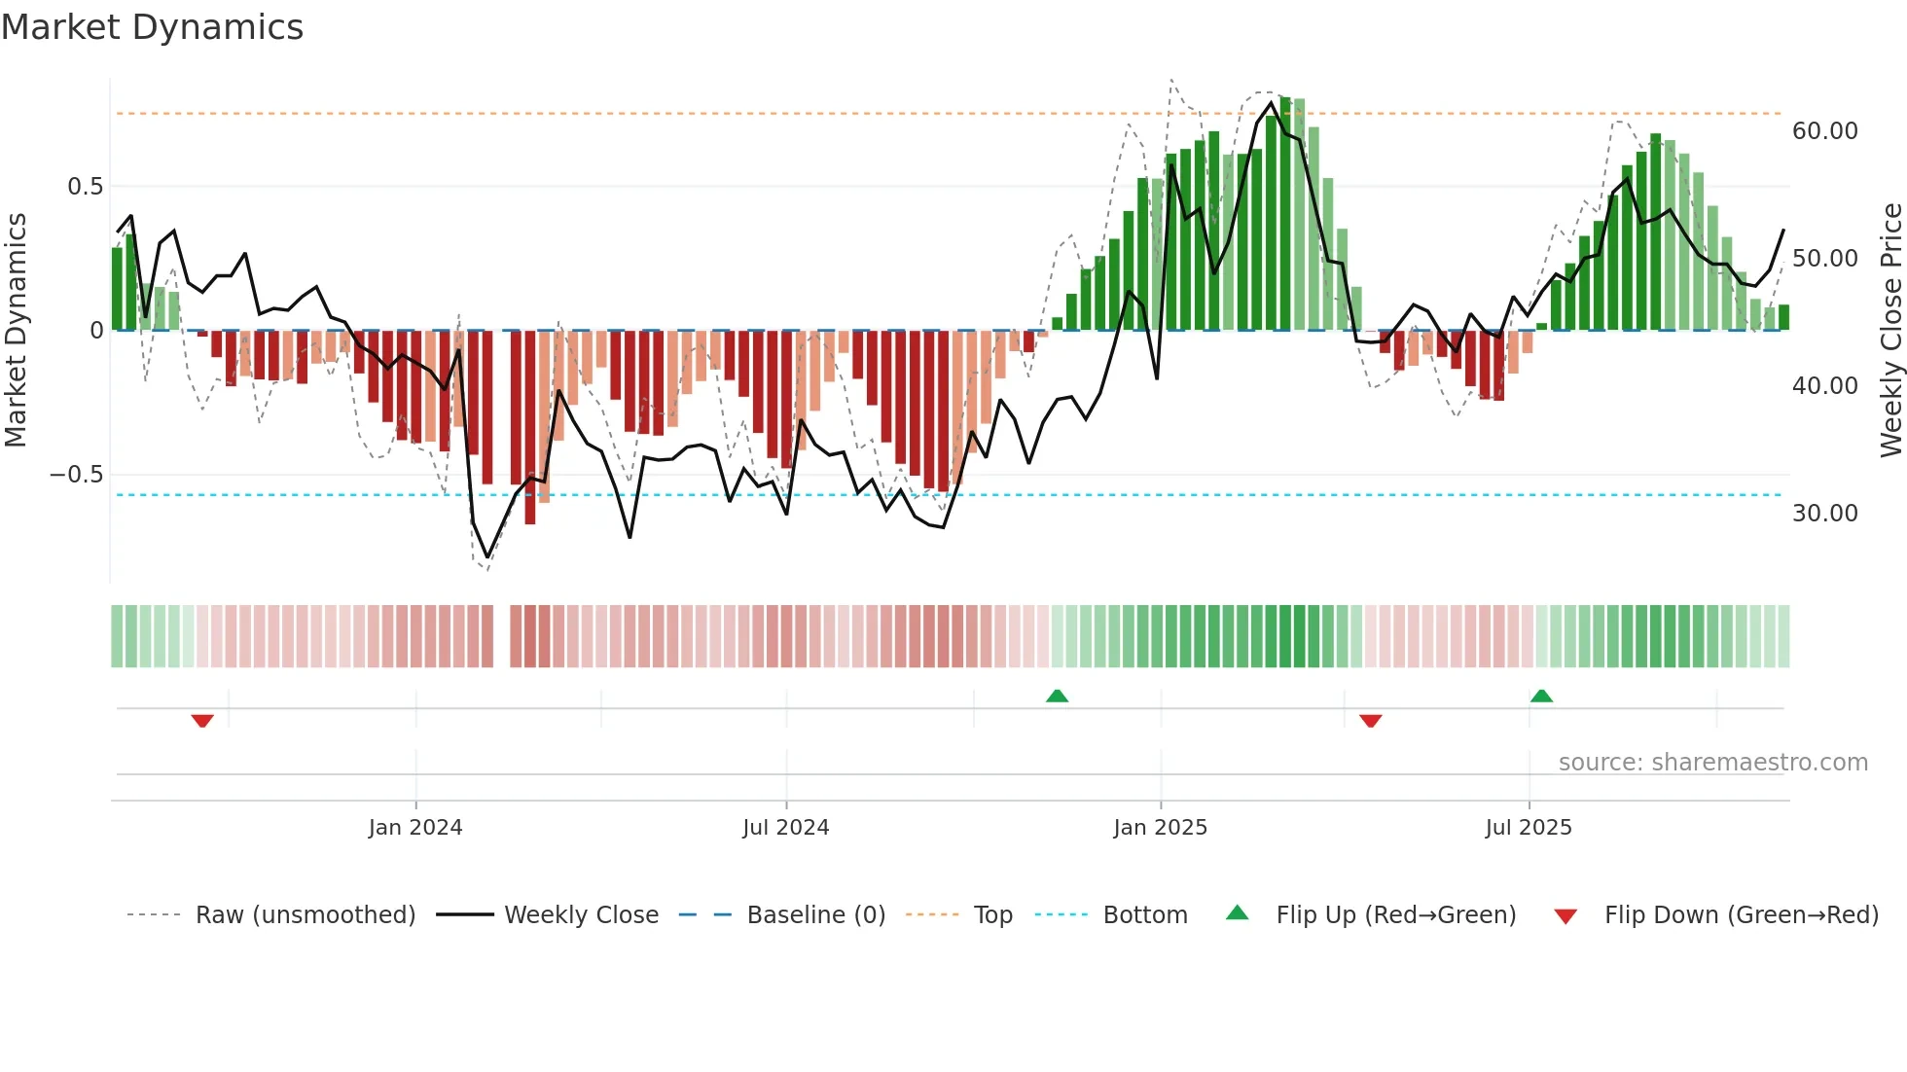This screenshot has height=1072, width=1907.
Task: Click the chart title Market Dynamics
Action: (x=152, y=27)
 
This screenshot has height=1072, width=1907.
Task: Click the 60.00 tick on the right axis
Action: (x=1824, y=131)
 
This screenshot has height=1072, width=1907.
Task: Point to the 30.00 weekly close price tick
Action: (x=1824, y=514)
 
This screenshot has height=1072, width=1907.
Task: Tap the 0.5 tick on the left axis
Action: (x=85, y=187)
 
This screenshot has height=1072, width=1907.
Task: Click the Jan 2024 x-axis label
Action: (x=415, y=828)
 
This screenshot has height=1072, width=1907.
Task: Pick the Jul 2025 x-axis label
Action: (x=1528, y=828)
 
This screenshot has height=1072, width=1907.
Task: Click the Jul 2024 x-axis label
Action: (x=785, y=828)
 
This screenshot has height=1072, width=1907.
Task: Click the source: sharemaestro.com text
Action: (x=1712, y=763)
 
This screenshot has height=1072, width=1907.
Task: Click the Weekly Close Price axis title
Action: (x=1890, y=331)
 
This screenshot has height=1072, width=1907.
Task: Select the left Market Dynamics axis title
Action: (x=16, y=331)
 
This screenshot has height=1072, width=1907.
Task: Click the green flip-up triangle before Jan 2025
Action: (x=1057, y=696)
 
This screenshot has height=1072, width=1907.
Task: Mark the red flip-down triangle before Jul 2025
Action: (x=1370, y=721)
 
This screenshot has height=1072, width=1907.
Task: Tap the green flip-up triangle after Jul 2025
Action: (x=1541, y=696)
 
